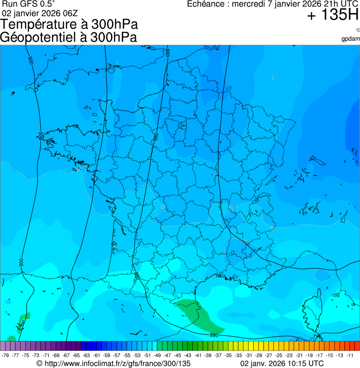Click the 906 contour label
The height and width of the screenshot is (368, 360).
click(31, 60)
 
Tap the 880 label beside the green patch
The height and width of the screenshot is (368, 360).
click(213, 335)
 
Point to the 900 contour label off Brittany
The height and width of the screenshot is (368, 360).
click(41, 136)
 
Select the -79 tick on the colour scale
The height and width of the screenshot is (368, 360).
click(6, 355)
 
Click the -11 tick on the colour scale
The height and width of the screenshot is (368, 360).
click(350, 355)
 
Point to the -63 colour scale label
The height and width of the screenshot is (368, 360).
click(87, 355)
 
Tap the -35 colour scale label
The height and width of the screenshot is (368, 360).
click(228, 355)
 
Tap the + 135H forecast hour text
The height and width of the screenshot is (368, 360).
click(332, 15)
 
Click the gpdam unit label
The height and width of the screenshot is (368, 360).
click(351, 38)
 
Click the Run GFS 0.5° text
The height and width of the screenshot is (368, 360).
click(29, 4)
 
